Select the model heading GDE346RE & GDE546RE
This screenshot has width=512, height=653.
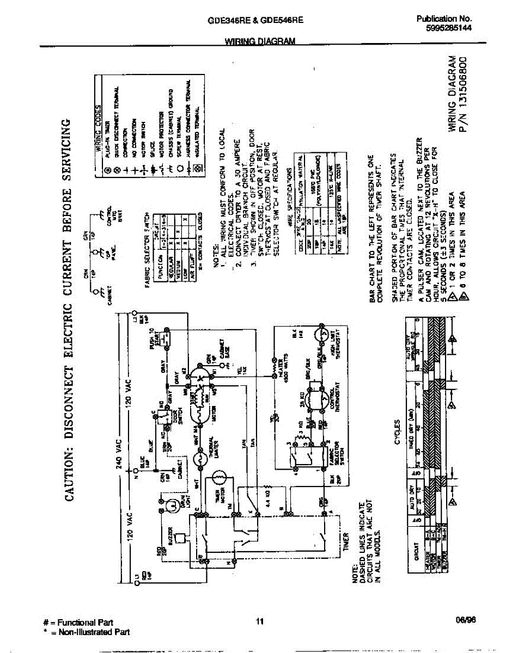(255, 20)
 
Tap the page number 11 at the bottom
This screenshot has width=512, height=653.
(259, 622)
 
